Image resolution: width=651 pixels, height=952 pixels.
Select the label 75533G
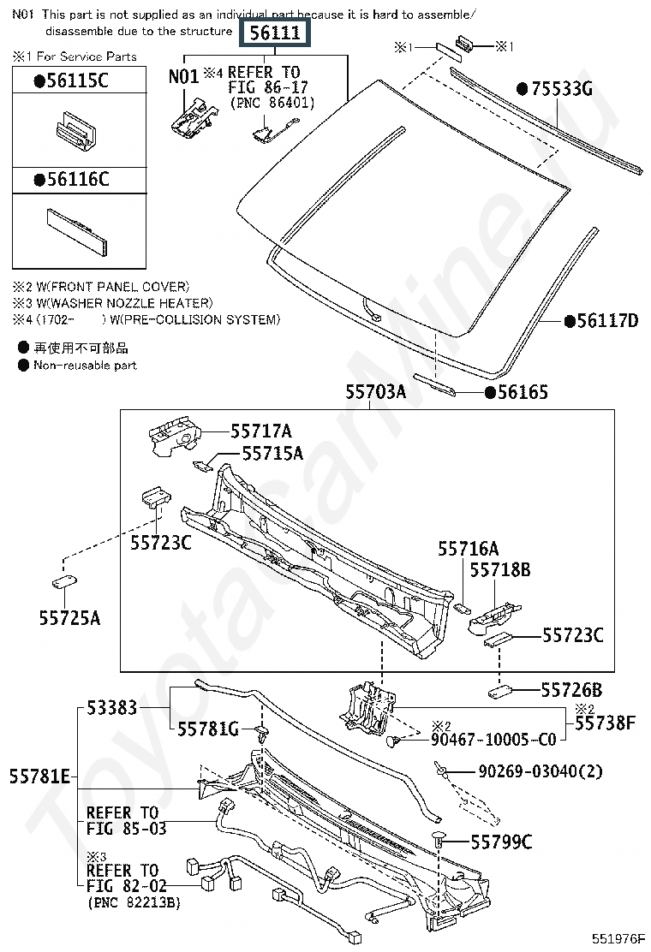[560, 89]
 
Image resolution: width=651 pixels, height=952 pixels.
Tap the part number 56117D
[606, 321]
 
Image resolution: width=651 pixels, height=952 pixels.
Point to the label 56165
[523, 393]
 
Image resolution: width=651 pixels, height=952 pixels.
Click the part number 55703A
[375, 393]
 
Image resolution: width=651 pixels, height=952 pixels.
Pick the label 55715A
[272, 454]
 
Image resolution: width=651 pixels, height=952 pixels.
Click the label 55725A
[69, 618]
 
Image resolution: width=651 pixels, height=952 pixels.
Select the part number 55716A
[468, 550]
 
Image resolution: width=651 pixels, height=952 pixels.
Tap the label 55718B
[501, 570]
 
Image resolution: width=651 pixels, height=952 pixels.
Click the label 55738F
[605, 723]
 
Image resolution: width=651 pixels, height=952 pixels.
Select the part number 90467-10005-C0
[493, 740]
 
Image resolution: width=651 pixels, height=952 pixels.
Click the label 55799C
[501, 843]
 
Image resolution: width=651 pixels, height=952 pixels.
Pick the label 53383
[112, 709]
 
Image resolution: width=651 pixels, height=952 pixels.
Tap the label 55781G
[208, 729]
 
